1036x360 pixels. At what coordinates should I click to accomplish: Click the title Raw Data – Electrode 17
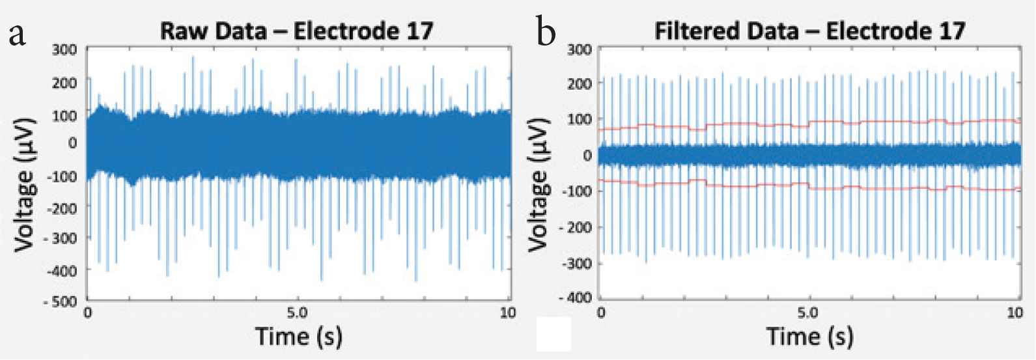297,31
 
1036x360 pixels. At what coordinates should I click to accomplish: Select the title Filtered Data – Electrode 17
809,31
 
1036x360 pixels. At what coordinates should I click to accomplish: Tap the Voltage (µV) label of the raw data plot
26,175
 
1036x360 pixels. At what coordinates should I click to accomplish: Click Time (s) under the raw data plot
298,337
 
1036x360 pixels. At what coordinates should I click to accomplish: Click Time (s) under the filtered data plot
809,337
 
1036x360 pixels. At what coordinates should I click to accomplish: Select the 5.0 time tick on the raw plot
298,313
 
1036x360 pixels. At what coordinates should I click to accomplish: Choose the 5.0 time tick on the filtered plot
809,313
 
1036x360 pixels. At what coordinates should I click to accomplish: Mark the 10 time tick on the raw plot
508,313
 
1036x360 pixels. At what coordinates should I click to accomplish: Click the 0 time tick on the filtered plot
602,313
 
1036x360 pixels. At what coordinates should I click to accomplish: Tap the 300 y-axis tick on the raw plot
67,49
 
